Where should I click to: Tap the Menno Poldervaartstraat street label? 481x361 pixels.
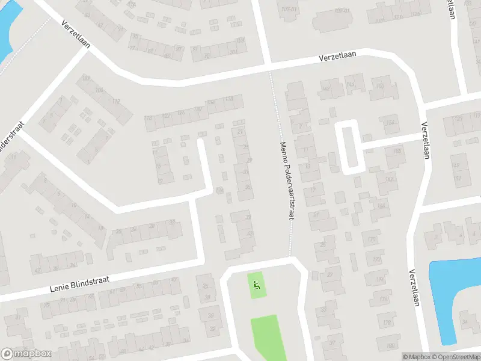pyautogui.click(x=286, y=180)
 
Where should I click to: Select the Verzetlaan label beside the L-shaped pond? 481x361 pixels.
pyautogui.click(x=412, y=288)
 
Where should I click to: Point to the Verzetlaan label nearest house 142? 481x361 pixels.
pyautogui.click(x=337, y=56)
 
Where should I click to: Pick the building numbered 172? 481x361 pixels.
pyautogui.click(x=377, y=260)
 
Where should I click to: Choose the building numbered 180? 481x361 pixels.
pyautogui.click(x=390, y=345)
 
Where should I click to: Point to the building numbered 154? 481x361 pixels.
pyautogui.click(x=391, y=123)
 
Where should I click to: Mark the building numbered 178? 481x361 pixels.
pyautogui.click(x=388, y=322)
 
